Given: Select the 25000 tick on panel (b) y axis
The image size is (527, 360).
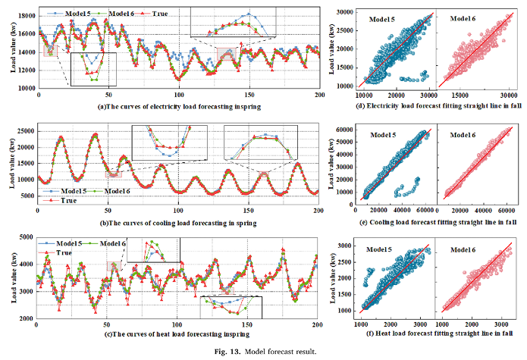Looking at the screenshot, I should coord(23,130).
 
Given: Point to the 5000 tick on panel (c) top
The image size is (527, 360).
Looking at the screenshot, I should coord(26,237).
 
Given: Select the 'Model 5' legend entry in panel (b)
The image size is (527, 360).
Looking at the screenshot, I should coord(74,190).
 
